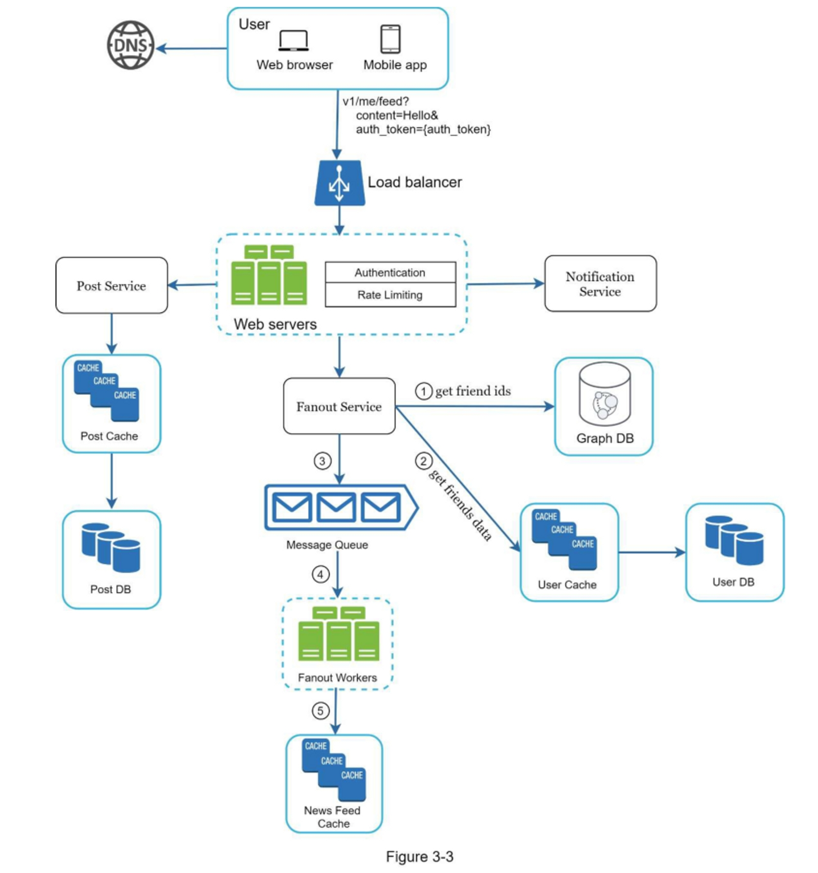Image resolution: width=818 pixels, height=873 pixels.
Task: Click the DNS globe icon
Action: [x=130, y=45]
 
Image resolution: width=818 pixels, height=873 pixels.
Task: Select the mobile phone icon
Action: [x=390, y=39]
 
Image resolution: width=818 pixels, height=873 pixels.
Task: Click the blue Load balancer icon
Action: [x=339, y=183]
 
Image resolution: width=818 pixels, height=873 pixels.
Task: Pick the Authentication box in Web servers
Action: [x=390, y=273]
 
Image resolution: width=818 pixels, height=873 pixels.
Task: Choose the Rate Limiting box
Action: [x=390, y=295]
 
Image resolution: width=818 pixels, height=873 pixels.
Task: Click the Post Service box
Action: [x=112, y=286]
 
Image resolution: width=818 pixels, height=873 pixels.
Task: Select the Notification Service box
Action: [x=600, y=284]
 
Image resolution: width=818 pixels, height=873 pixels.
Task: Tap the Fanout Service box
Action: [x=339, y=406]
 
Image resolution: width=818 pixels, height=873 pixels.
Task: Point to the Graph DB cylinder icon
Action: [x=605, y=394]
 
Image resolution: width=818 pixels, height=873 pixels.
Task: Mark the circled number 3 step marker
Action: [x=322, y=461]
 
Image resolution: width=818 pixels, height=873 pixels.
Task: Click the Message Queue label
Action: [x=327, y=545]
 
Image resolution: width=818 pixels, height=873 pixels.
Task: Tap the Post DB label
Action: [x=111, y=589]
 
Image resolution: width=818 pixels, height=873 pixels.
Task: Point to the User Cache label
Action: [x=567, y=585]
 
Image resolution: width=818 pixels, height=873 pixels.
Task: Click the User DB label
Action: [x=733, y=582]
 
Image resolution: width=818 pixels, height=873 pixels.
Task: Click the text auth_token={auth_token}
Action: [x=423, y=130]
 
